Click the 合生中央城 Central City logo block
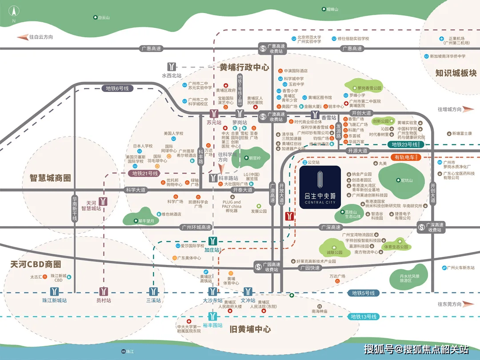(x=320, y=187)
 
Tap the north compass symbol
(x=14, y=12)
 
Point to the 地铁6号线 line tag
(x=117, y=88)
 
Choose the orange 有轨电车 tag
(x=404, y=157)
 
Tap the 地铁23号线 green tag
(x=405, y=144)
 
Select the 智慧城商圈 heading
(x=51, y=179)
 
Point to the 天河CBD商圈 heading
(x=36, y=264)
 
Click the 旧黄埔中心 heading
(x=250, y=329)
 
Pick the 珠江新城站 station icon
(x=54, y=292)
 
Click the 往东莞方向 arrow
(x=467, y=304)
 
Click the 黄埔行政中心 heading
(x=244, y=68)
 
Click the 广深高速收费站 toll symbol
(x=421, y=227)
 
